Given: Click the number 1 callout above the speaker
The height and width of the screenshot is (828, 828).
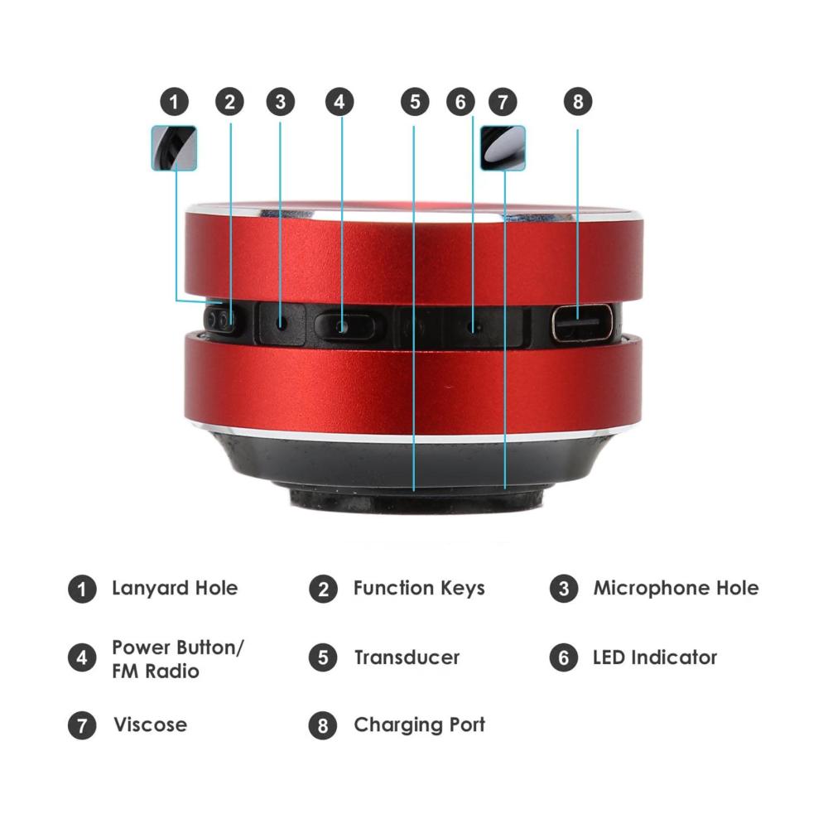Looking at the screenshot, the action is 174,101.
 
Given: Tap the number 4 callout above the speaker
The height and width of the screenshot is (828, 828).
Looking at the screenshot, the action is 339,101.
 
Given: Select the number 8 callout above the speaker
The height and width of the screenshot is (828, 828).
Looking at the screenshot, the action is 578,101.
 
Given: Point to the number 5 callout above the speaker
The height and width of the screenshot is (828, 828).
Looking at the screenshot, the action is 415,101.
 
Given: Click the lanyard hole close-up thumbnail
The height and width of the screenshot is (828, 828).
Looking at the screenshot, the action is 174,148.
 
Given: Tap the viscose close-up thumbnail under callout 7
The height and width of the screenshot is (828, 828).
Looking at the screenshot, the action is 503,148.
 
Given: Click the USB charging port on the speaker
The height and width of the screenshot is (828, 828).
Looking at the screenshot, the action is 582,323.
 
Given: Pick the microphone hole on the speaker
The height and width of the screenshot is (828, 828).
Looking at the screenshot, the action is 282,321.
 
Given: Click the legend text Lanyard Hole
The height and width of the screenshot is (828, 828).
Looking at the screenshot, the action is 175,588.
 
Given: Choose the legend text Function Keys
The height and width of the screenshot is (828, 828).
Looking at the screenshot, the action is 419,588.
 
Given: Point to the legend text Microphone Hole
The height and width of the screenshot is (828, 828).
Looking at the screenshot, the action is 676,588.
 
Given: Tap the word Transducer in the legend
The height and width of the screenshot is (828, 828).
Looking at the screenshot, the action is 407,657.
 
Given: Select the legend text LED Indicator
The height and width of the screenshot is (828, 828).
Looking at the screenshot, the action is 655,657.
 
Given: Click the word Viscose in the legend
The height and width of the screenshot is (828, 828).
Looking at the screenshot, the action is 151,724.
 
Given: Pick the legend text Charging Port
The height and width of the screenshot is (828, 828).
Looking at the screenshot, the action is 419,725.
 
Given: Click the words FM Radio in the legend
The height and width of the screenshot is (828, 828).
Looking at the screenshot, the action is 156,672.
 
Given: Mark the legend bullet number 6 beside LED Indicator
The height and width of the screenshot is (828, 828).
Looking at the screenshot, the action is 563,657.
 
